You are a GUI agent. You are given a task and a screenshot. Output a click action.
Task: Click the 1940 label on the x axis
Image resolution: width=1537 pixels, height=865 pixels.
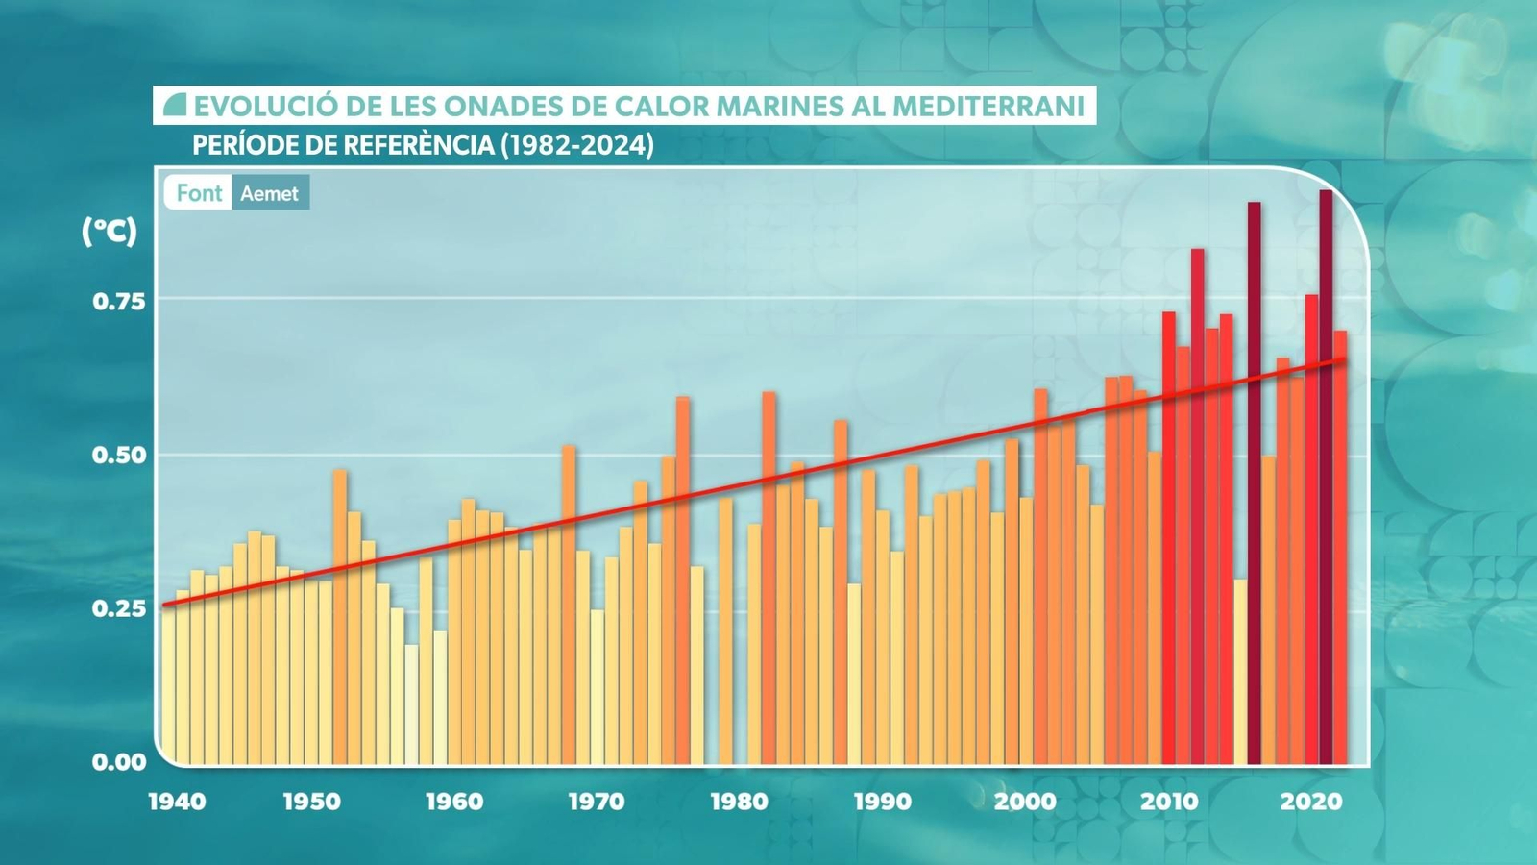pyautogui.click(x=177, y=802)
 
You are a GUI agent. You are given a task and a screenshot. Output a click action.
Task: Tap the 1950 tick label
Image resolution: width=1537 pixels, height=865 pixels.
pyautogui.click(x=311, y=802)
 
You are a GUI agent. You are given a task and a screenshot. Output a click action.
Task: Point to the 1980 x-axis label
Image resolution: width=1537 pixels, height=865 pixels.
pyautogui.click(x=739, y=802)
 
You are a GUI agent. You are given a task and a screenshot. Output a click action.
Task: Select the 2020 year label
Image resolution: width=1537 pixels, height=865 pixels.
pyautogui.click(x=1310, y=802)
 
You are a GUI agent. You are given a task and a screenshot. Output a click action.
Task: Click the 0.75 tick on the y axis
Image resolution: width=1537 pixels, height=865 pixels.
pyautogui.click(x=119, y=302)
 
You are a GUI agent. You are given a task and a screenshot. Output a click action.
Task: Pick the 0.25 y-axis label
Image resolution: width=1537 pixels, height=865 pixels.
pyautogui.click(x=119, y=608)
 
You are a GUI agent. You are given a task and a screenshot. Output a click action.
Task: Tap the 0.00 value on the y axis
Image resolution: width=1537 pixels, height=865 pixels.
pyautogui.click(x=119, y=762)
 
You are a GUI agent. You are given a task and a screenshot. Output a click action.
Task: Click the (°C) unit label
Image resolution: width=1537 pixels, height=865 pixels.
pyautogui.click(x=110, y=231)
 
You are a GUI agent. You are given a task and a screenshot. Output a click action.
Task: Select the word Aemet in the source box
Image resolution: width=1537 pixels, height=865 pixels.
pyautogui.click(x=269, y=193)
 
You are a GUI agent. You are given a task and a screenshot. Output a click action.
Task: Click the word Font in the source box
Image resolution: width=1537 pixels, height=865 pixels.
pyautogui.click(x=199, y=193)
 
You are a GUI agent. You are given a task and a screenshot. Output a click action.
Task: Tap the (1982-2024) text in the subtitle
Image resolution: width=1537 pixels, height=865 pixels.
pyautogui.click(x=577, y=145)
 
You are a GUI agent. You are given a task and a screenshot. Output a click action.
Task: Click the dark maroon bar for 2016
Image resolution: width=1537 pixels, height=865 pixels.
pyautogui.click(x=1255, y=481)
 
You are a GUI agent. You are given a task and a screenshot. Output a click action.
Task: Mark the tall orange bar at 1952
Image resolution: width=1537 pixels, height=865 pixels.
pyautogui.click(x=340, y=615)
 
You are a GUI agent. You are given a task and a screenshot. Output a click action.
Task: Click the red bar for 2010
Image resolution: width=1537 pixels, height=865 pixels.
pyautogui.click(x=1169, y=538)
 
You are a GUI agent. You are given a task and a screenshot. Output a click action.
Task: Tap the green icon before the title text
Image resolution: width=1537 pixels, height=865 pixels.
pyautogui.click(x=174, y=105)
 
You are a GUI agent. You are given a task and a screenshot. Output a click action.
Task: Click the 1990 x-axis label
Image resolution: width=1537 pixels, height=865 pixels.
pyautogui.click(x=882, y=802)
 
